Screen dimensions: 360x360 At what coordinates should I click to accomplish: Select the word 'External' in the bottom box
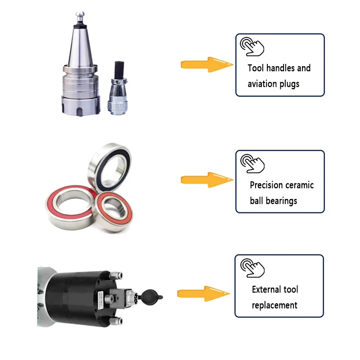[269, 289]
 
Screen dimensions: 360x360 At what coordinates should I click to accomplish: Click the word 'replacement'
[274, 305]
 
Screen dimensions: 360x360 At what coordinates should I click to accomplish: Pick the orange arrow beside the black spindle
[203, 294]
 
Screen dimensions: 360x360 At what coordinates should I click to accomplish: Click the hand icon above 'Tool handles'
[252, 46]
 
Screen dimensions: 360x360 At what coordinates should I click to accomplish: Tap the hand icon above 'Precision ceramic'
[252, 162]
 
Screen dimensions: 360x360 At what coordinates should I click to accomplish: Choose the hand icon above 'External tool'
[252, 268]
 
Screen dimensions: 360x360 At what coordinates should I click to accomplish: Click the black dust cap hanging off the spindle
[153, 297]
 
